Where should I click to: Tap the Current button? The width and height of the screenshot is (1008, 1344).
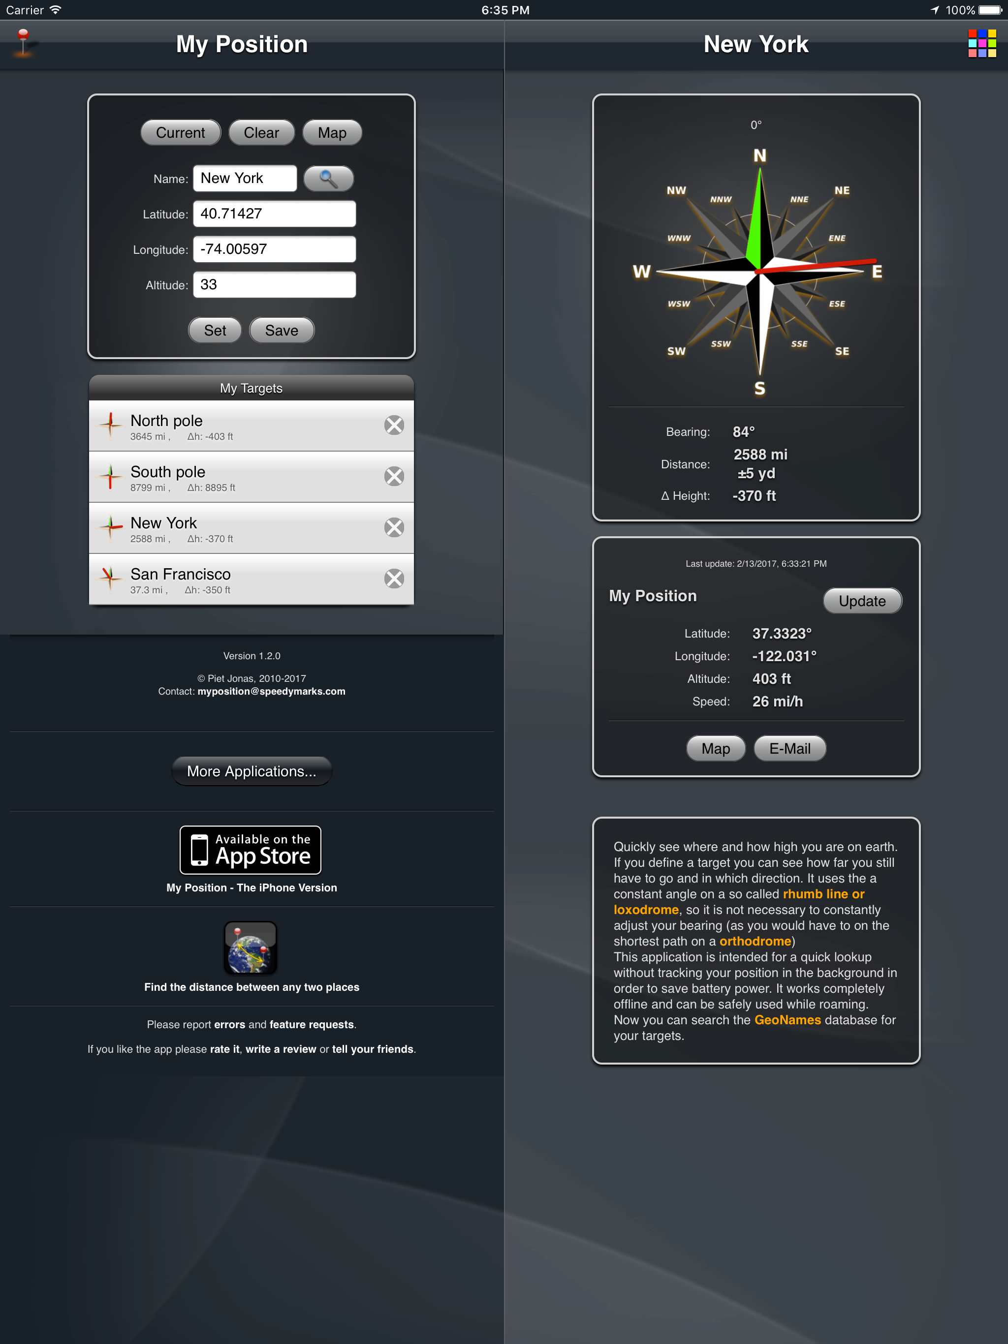[180, 133]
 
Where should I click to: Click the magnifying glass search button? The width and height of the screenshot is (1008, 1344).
[328, 179]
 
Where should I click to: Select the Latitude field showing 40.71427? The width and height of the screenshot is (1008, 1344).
[274, 214]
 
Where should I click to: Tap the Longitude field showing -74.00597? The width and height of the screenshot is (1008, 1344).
[274, 249]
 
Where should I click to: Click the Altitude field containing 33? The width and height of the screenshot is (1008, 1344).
[274, 285]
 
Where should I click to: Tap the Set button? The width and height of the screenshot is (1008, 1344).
[215, 331]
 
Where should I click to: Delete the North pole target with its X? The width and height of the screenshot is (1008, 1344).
[394, 426]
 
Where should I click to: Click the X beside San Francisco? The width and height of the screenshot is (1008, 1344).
[394, 579]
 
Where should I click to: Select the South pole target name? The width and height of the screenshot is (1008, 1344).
[168, 472]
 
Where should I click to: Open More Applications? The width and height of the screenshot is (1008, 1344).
[252, 771]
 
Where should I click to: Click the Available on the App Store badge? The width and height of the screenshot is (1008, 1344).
[251, 850]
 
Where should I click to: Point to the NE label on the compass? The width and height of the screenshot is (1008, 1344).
[842, 191]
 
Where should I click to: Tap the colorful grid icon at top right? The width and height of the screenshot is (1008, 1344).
[982, 44]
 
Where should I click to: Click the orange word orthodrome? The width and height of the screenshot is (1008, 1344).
[755, 941]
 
